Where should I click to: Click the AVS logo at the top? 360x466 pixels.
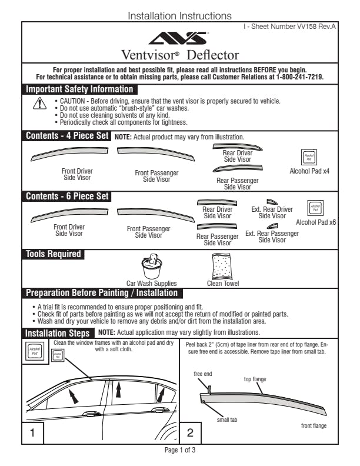tap(179, 39)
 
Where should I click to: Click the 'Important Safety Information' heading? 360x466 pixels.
tap(79, 89)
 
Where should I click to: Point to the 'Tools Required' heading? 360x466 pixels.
tap(53, 254)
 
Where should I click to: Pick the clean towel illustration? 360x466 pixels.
tap(223, 267)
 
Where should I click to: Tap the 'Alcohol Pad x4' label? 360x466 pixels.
tap(309, 171)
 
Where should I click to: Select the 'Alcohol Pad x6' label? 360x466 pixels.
tap(316, 222)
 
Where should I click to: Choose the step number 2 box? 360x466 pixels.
tap(190, 433)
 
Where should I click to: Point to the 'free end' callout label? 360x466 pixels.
tap(203, 374)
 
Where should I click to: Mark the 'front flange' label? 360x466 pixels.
tap(314, 425)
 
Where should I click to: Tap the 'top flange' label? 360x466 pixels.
tap(255, 380)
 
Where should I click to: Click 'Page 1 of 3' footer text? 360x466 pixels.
tap(180, 450)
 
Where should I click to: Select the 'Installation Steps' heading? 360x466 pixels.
tap(57, 333)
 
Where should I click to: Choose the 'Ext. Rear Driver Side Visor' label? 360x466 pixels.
tap(272, 212)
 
